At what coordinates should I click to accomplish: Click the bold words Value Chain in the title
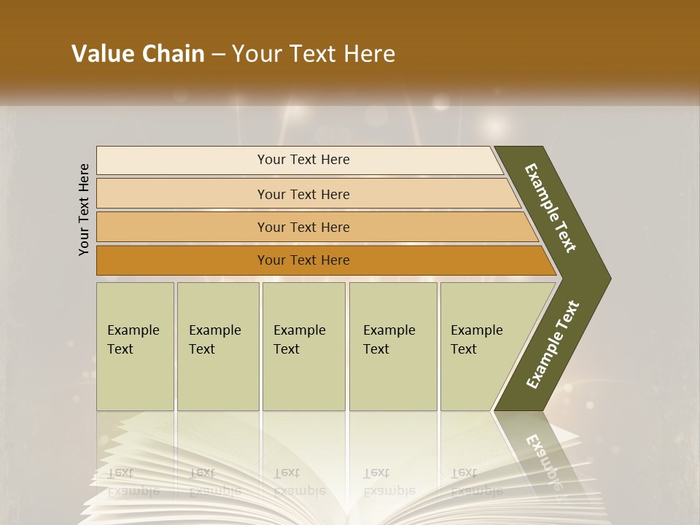tap(138, 54)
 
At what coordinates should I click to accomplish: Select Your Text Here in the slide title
tap(314, 54)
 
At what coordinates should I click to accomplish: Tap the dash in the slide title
tap(218, 55)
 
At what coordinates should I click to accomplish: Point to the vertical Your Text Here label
tap(84, 209)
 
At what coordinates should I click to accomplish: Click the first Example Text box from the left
tap(135, 346)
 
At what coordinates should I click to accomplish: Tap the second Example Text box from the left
tap(217, 346)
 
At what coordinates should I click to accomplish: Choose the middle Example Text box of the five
tap(303, 346)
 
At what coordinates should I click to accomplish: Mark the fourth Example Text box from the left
tap(393, 346)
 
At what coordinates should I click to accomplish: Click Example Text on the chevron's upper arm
tap(551, 208)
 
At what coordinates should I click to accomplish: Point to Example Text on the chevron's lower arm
tap(553, 344)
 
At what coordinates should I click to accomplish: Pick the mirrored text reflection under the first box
tap(133, 481)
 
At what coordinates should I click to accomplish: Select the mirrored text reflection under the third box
tap(299, 481)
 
